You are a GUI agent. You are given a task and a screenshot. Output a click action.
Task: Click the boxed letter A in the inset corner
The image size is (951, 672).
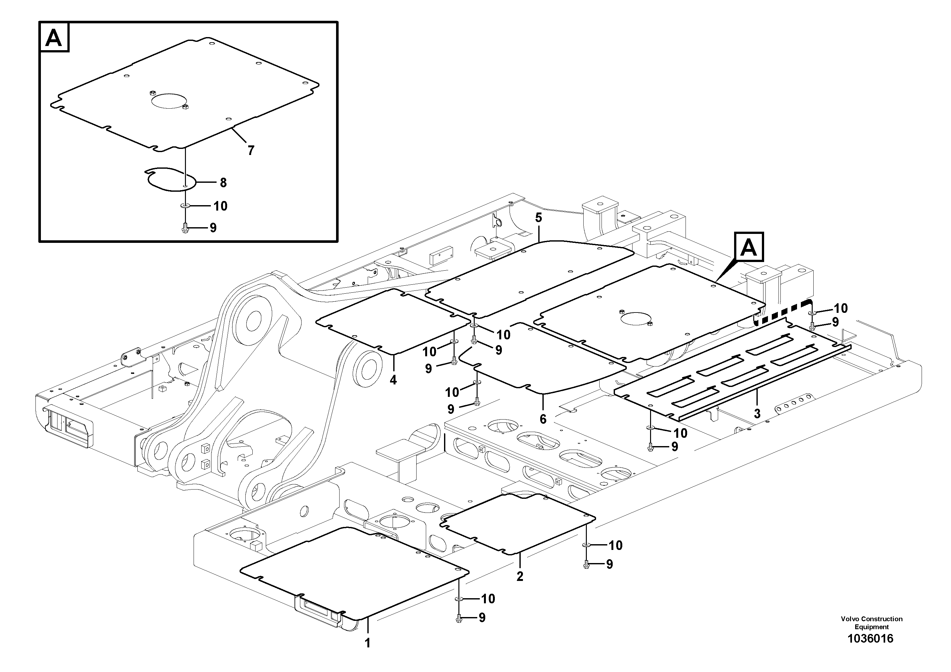click(54, 38)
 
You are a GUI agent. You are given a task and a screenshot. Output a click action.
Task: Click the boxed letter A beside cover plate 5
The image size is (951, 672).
click(748, 247)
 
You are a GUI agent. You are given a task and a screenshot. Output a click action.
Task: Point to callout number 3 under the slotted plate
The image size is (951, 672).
click(757, 413)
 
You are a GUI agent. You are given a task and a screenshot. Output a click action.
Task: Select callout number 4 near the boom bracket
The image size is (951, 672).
click(393, 380)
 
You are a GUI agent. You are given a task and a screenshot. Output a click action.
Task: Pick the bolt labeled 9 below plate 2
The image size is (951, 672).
click(586, 564)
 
